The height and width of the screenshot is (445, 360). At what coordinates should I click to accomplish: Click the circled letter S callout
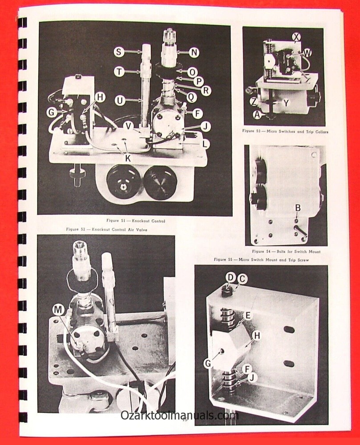click(x=119, y=52)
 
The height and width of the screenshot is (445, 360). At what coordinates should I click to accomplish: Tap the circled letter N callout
click(x=194, y=53)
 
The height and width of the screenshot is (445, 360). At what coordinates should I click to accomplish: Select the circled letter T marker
click(x=119, y=72)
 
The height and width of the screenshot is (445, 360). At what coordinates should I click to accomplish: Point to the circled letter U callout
click(x=119, y=101)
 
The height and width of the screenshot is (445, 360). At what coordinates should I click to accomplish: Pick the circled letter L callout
click(x=205, y=144)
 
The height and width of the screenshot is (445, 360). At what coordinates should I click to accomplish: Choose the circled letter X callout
click(x=297, y=37)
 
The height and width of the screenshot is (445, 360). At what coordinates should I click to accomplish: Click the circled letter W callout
click(x=307, y=53)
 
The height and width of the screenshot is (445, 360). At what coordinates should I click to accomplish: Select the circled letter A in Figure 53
click(x=256, y=114)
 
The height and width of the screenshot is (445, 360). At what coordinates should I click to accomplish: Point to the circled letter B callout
click(x=298, y=207)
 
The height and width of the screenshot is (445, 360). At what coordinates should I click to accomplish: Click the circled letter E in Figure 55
click(x=247, y=315)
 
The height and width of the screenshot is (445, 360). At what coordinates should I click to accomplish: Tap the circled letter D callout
click(x=230, y=277)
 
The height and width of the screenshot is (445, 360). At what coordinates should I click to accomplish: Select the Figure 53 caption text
click(x=285, y=132)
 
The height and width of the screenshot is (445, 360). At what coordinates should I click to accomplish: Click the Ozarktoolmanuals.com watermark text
click(x=180, y=415)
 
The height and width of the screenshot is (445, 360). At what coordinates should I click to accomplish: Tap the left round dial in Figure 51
click(x=124, y=182)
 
